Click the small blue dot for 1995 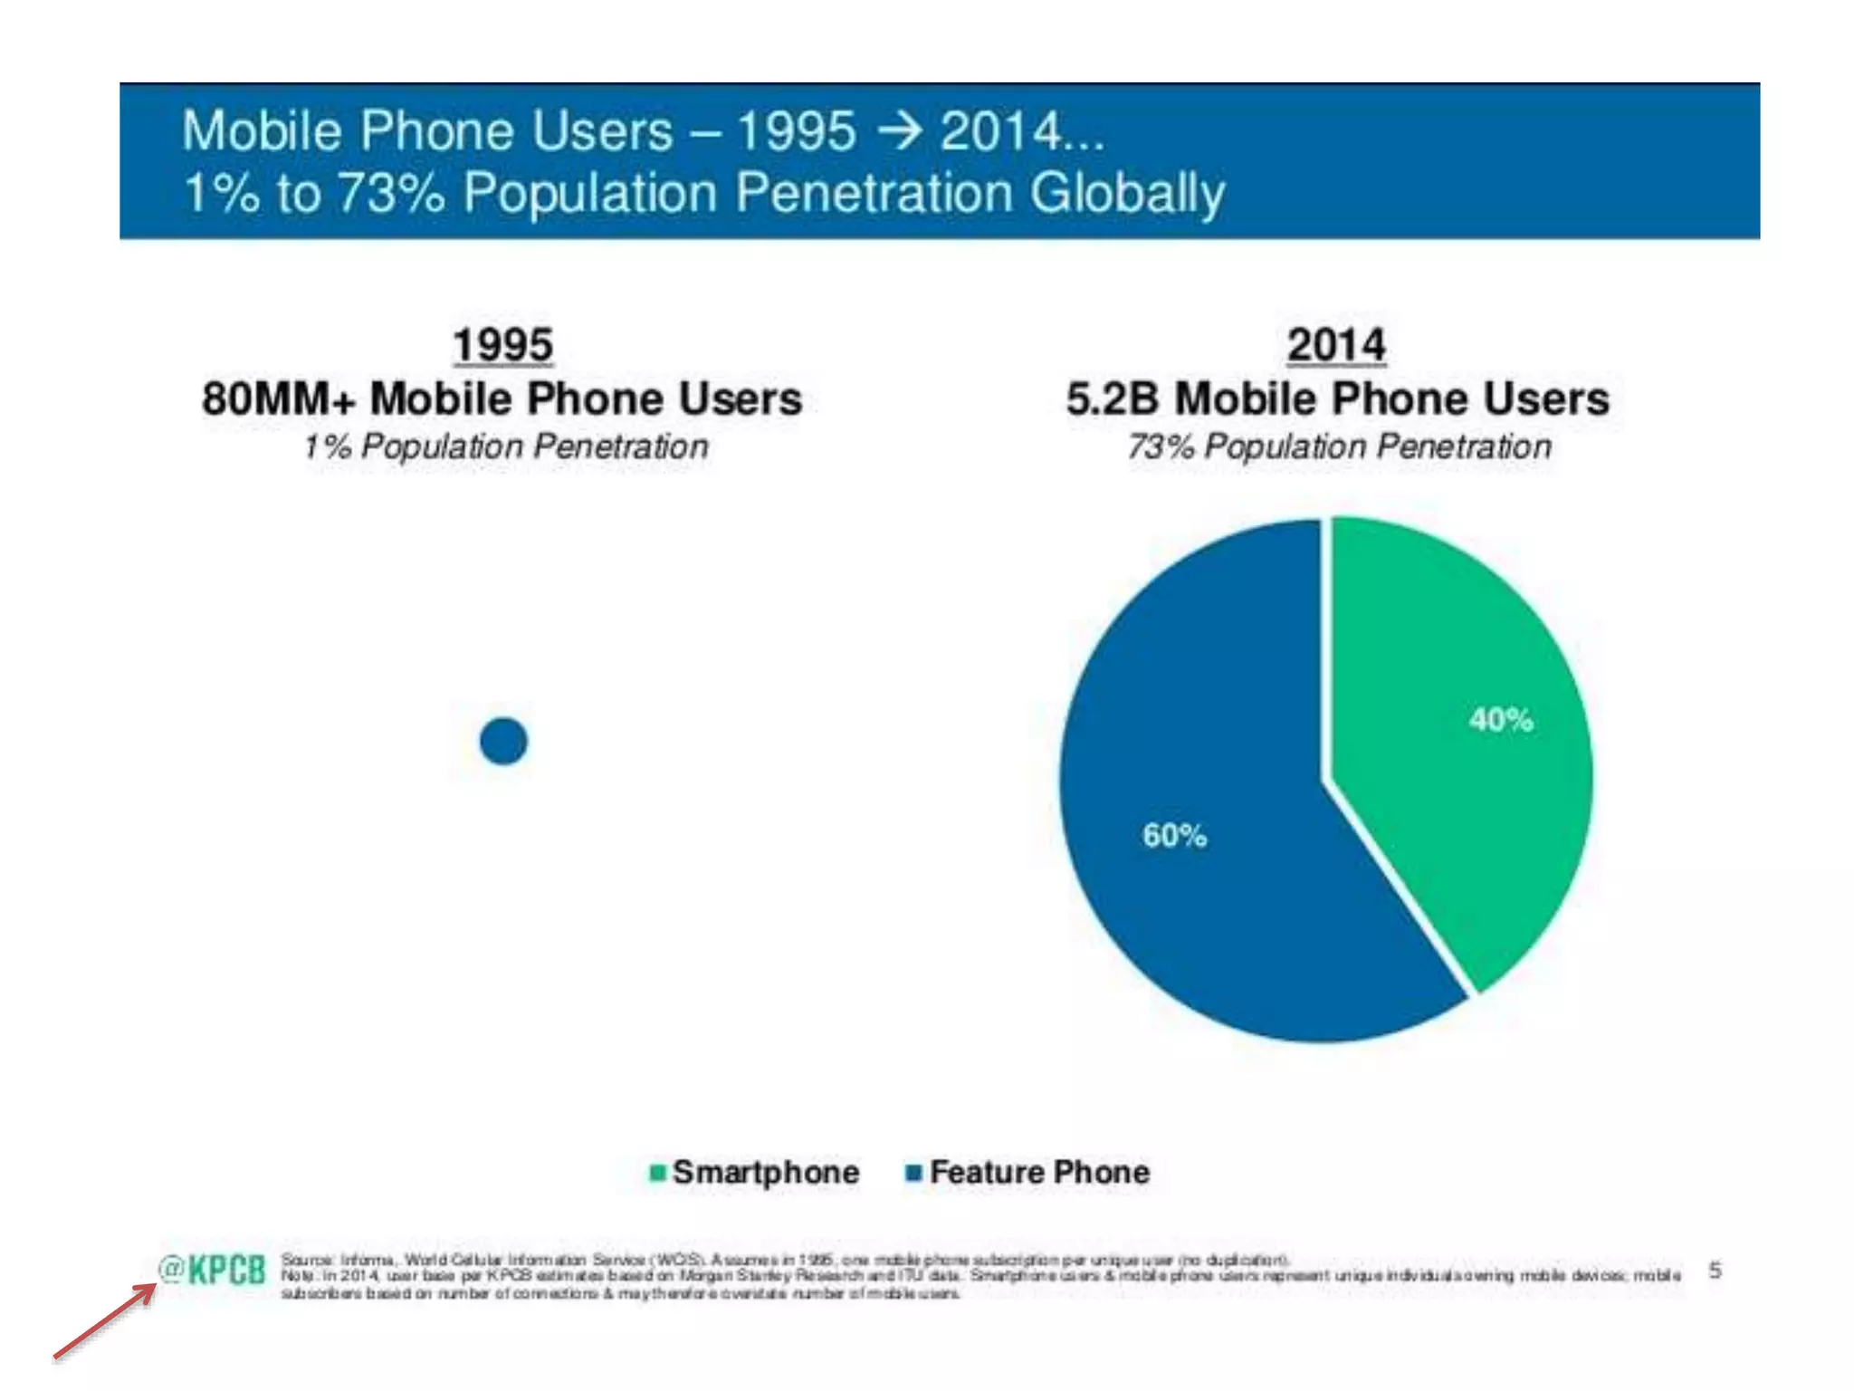tap(503, 741)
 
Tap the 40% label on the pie tap(1501, 720)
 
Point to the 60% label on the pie tap(1174, 835)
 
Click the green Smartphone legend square tap(658, 1173)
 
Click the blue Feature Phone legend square tap(913, 1173)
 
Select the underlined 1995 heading tap(503, 345)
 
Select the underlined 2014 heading tap(1336, 345)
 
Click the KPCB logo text tap(227, 1271)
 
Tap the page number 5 tap(1715, 1271)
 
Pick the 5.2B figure tap(1113, 399)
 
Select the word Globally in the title tap(1126, 193)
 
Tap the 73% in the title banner tap(391, 193)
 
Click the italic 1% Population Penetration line tap(505, 446)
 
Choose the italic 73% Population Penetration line tap(1339, 446)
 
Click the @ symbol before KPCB tap(171, 1268)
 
